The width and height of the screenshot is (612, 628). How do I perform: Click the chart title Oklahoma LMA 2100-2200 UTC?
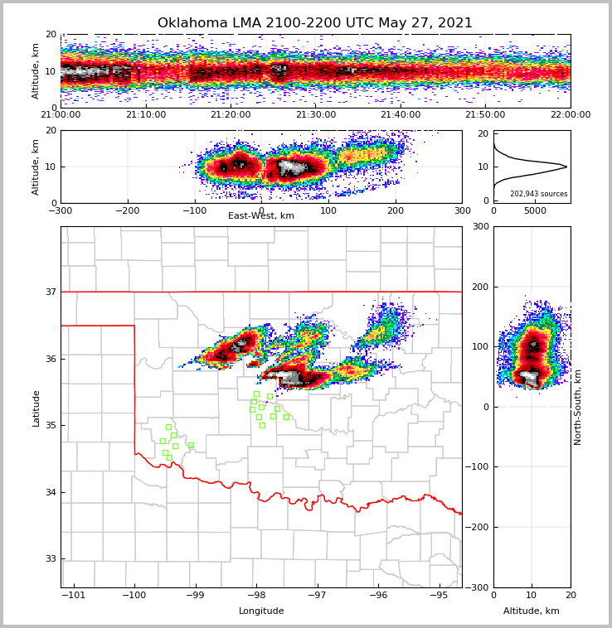point(315,23)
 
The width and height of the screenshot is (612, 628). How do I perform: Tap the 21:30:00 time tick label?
point(316,115)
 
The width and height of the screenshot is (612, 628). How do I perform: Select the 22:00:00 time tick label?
point(571,115)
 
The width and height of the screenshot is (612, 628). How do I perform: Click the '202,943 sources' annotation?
point(539,194)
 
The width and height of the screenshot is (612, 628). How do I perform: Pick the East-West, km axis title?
point(261,216)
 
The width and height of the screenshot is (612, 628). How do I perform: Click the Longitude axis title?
point(261,611)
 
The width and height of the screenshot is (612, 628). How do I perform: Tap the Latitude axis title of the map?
point(36,408)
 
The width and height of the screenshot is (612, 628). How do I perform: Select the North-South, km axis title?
point(578,407)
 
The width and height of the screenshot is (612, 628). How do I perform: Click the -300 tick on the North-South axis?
point(476,587)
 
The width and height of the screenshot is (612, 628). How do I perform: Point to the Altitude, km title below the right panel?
point(532,611)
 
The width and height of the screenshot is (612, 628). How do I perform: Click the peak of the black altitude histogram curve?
point(566,167)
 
